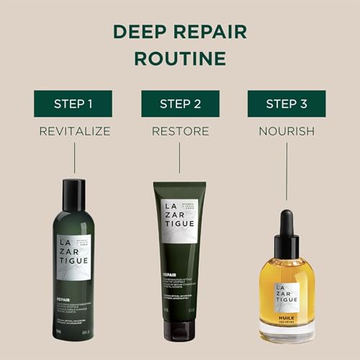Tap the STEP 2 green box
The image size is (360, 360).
(x=180, y=103)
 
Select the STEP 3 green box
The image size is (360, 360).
(x=287, y=103)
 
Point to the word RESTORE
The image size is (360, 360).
(x=180, y=131)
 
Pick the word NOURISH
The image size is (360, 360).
(x=287, y=131)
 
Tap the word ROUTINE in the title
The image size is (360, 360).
(x=180, y=57)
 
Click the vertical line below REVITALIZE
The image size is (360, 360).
(x=73, y=158)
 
